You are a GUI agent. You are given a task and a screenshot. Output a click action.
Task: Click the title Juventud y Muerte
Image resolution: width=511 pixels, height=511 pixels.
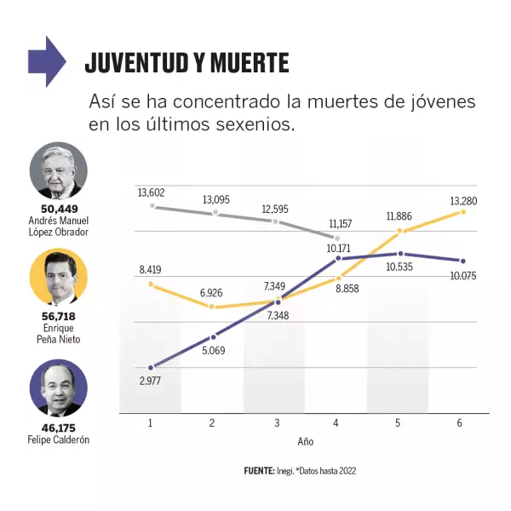point(187,64)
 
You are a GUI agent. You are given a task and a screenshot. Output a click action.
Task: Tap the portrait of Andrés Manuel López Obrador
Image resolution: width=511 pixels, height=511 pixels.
point(58,171)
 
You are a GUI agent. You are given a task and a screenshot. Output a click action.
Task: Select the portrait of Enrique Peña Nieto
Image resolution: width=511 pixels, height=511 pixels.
point(58,278)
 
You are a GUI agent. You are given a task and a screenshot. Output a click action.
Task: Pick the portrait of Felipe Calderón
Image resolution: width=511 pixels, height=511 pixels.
point(58,388)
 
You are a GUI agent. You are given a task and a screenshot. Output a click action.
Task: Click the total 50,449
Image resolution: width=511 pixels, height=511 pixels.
point(58,210)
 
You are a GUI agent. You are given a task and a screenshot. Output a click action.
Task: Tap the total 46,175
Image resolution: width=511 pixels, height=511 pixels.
point(58,428)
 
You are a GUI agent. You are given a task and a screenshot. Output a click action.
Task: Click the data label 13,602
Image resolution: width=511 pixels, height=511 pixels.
point(152,193)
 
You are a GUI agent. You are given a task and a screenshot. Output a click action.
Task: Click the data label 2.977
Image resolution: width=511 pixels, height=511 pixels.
point(150,380)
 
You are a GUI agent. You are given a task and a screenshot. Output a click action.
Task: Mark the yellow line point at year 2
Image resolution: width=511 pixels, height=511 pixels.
point(213,307)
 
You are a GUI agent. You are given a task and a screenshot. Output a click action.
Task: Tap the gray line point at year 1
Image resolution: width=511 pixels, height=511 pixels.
point(152,206)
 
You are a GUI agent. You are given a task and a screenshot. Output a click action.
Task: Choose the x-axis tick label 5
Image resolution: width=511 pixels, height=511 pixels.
point(398,423)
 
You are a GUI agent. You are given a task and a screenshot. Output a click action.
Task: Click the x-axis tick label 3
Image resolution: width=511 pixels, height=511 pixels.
point(275,423)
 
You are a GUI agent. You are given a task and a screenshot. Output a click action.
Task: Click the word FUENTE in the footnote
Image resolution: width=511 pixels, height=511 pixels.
point(259,471)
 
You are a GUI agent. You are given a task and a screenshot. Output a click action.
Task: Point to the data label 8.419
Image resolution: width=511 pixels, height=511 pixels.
point(152,270)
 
